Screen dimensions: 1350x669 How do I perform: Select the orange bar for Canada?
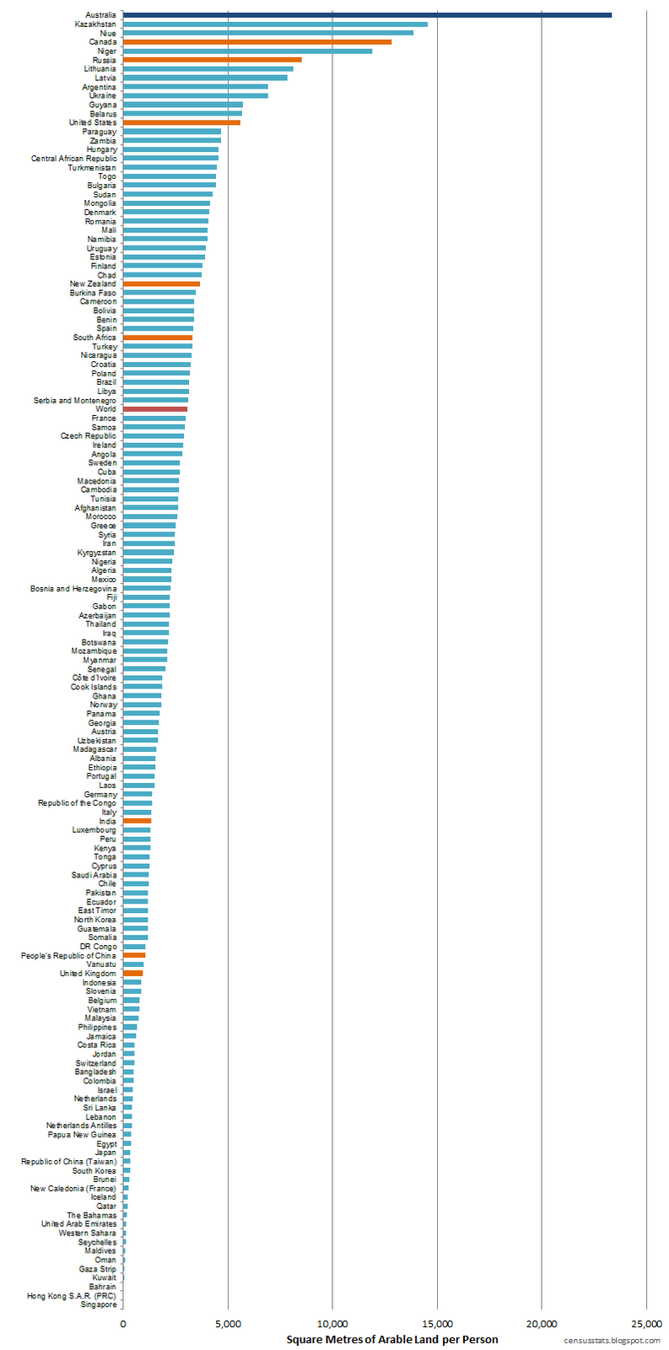click(257, 41)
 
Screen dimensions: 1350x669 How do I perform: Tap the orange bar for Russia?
click(212, 60)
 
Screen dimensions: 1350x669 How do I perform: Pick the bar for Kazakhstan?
click(275, 24)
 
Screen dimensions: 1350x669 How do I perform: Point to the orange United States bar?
click(181, 122)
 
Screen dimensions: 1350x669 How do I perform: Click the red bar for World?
click(155, 409)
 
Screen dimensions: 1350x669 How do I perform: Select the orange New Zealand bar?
click(161, 283)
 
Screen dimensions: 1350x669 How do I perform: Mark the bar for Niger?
click(247, 51)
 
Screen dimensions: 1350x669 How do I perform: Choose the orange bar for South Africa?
click(158, 337)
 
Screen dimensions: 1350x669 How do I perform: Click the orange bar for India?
click(137, 821)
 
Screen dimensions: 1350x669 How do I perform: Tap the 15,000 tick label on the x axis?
click(437, 1324)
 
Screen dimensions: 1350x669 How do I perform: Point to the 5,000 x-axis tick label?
click(228, 1324)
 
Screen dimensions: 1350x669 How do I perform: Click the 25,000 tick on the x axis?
click(646, 1324)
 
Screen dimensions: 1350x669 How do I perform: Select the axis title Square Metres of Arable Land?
click(391, 1339)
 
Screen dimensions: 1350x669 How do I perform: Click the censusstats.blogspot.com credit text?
click(612, 1340)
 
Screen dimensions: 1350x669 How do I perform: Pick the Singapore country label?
click(99, 1304)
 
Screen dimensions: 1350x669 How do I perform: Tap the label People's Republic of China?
click(69, 955)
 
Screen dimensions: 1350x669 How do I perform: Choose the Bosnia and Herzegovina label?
click(73, 588)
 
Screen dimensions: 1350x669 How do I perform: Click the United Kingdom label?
click(88, 974)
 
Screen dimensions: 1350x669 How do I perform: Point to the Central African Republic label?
click(74, 159)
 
